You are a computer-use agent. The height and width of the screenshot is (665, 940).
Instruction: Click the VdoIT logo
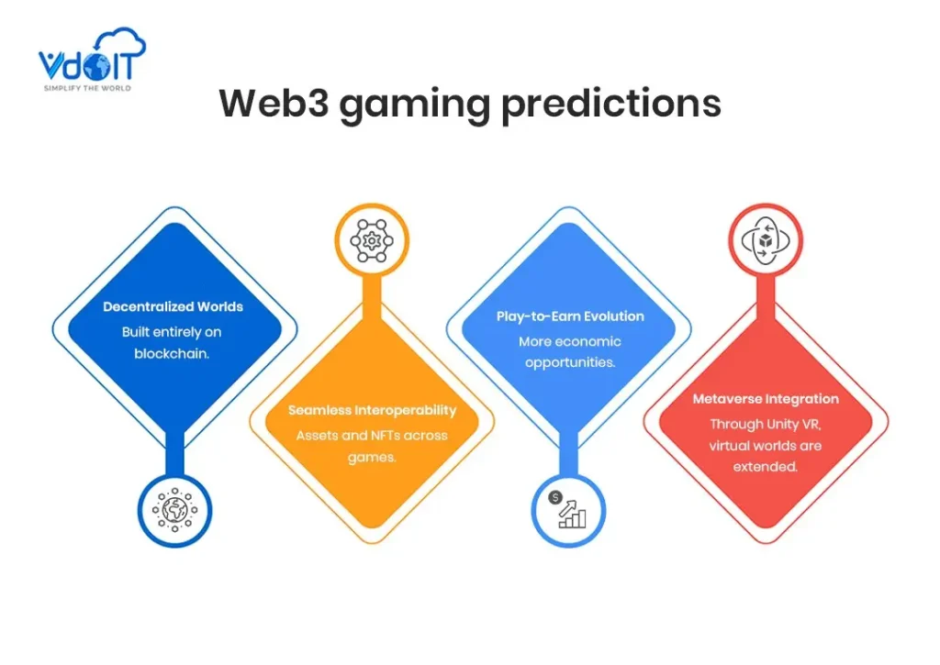pyautogui.click(x=92, y=60)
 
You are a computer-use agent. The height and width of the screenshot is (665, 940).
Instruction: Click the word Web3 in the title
pyautogui.click(x=274, y=103)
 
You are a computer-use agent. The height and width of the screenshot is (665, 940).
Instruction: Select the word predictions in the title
pyautogui.click(x=610, y=105)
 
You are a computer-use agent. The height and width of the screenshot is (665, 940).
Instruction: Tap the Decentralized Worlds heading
pyautogui.click(x=173, y=306)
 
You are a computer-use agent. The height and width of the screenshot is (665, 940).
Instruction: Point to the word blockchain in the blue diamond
pyautogui.click(x=171, y=353)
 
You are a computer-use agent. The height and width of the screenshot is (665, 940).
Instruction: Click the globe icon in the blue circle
pyautogui.click(x=174, y=510)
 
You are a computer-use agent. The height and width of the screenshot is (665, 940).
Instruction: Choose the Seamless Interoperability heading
pyautogui.click(x=372, y=410)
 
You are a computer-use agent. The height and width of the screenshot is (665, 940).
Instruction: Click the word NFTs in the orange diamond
pyautogui.click(x=377, y=436)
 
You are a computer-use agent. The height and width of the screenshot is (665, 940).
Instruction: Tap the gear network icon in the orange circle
pyautogui.click(x=372, y=241)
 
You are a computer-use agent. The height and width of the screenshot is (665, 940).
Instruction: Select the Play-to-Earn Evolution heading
pyautogui.click(x=570, y=316)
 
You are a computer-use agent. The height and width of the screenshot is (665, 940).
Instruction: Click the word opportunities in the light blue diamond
pyautogui.click(x=569, y=363)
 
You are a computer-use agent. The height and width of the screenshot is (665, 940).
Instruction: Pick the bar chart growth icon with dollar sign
pyautogui.click(x=567, y=510)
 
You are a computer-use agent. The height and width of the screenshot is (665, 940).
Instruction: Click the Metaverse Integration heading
pyautogui.click(x=766, y=399)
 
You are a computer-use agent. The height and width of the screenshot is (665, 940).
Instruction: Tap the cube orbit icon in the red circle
pyautogui.click(x=766, y=241)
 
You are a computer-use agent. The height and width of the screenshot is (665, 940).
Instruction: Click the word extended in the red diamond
pyautogui.click(x=765, y=467)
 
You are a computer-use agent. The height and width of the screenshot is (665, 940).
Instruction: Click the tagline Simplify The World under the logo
pyautogui.click(x=87, y=88)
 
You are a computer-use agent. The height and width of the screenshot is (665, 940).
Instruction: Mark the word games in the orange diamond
pyautogui.click(x=371, y=459)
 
